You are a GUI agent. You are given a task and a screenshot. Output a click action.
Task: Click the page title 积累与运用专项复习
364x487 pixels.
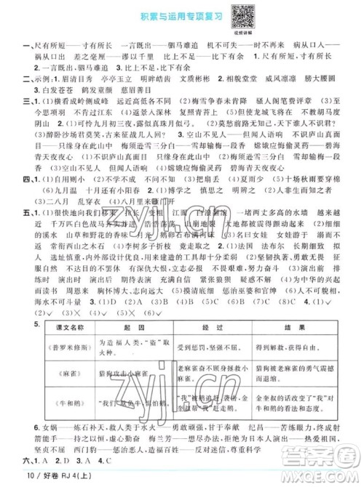[156, 15]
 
